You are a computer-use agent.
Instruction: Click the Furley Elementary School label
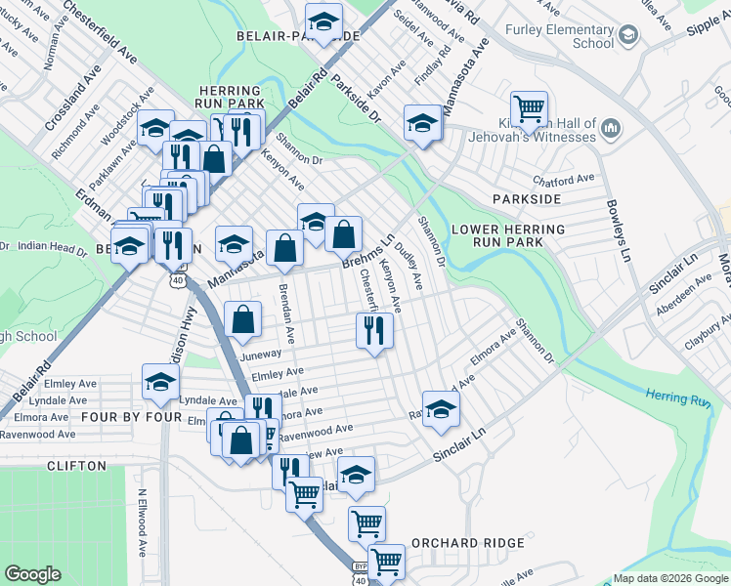559,36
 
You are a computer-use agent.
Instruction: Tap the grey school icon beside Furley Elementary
628,36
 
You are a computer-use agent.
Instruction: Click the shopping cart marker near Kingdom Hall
529,108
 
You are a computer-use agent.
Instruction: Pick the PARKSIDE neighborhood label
527,199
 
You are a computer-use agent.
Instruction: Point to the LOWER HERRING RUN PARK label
508,235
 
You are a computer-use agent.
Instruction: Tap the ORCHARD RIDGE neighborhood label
467,543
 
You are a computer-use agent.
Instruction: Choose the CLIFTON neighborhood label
76,466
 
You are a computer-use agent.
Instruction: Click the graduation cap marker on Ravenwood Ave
441,408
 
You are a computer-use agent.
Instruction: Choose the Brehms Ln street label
367,253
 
